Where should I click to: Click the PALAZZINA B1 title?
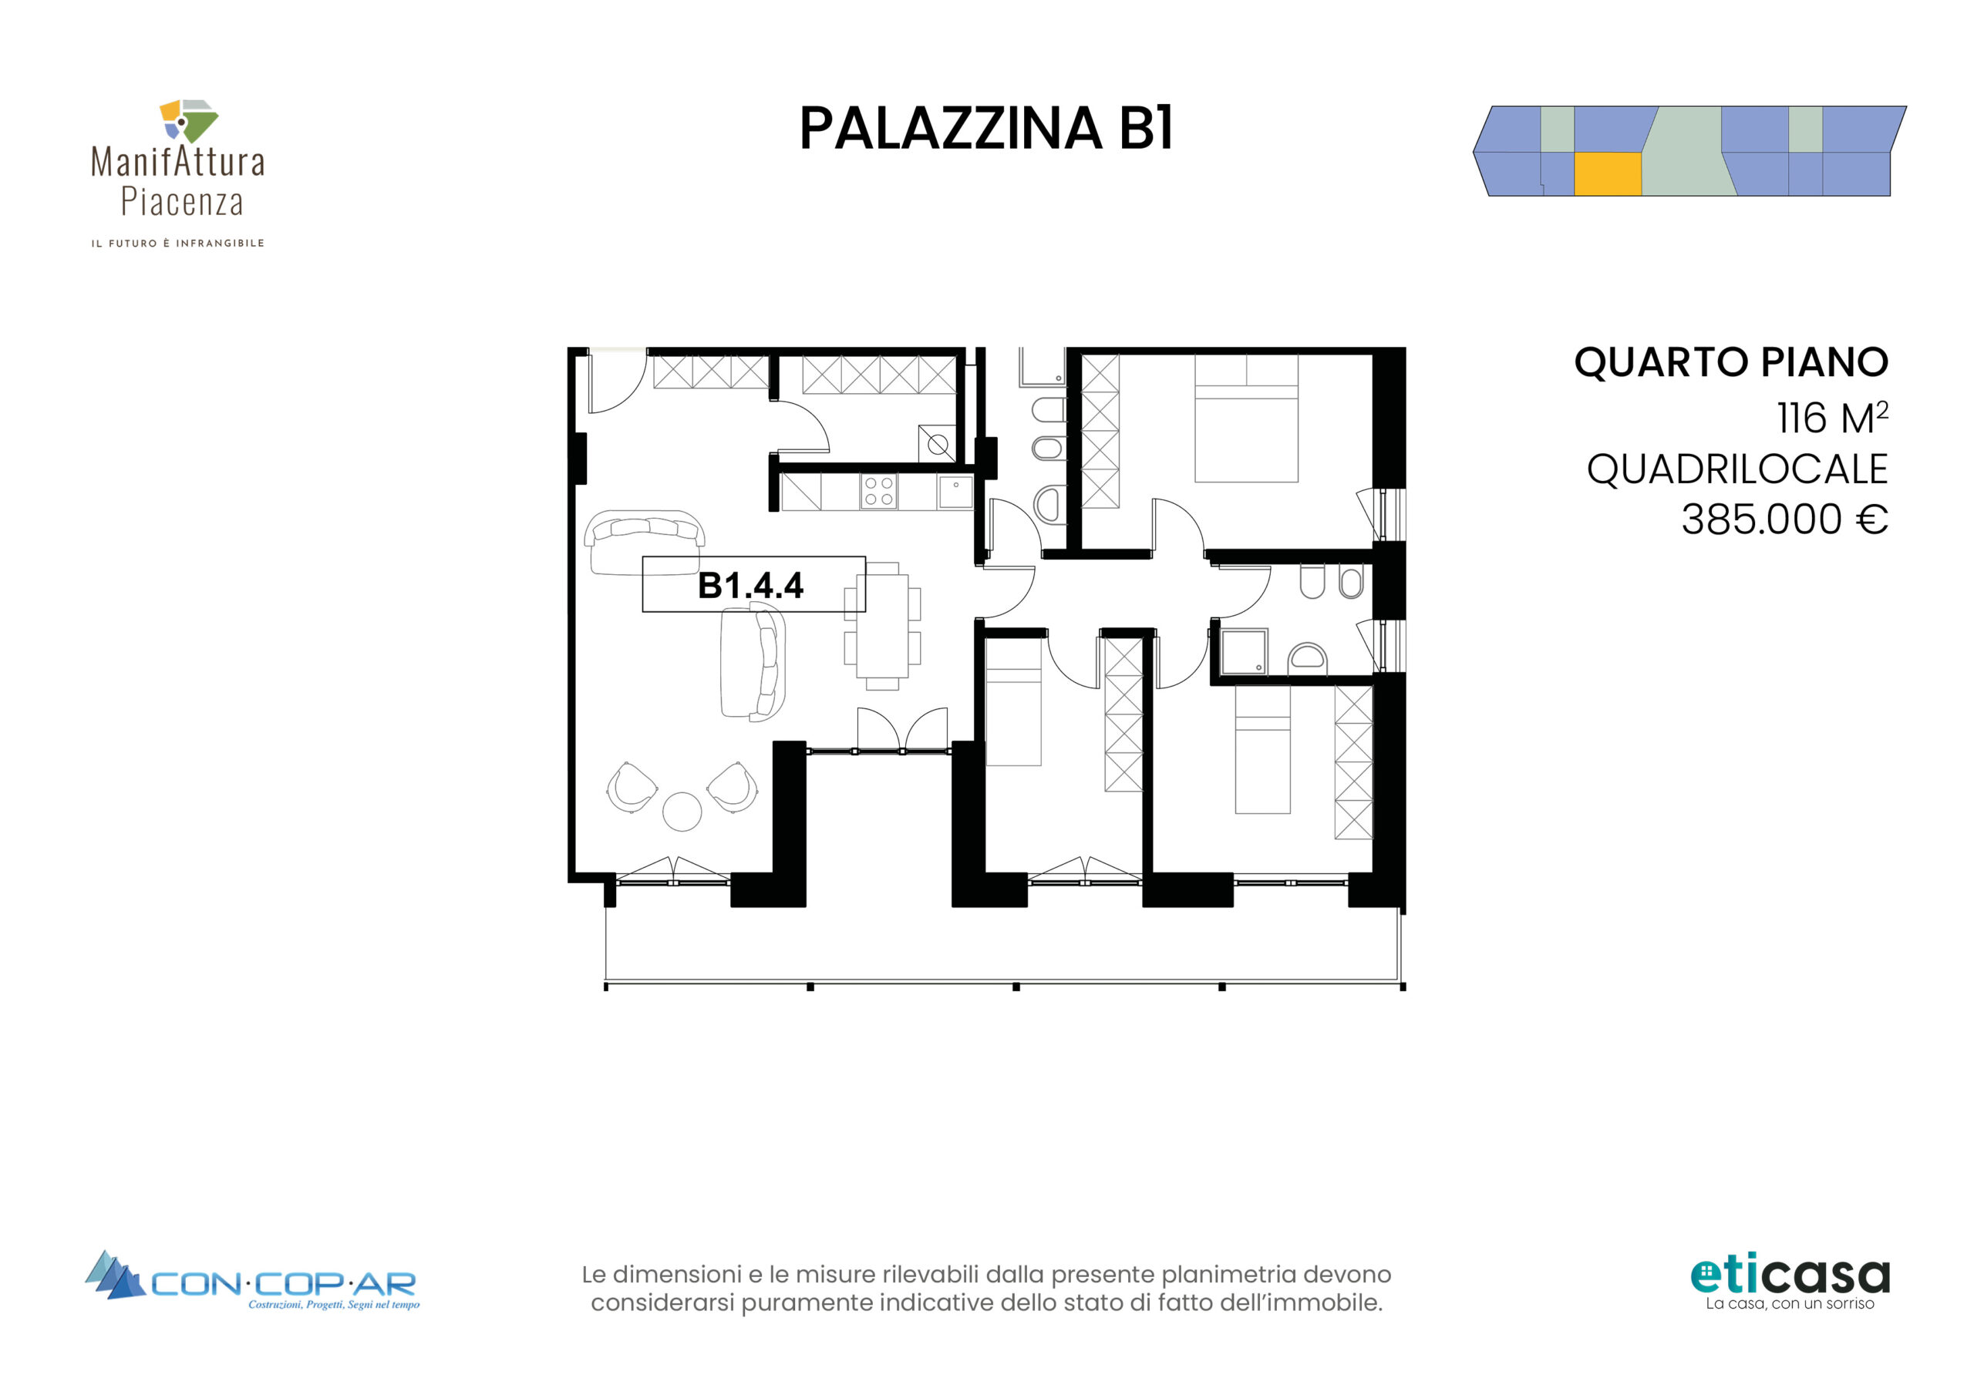pyautogui.click(x=986, y=129)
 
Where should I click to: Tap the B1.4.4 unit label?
pyautogui.click(x=750, y=585)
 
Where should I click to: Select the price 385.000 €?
pyautogui.click(x=1784, y=519)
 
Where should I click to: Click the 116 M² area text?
pyautogui.click(x=1832, y=418)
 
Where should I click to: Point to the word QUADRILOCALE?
pyautogui.click(x=1737, y=469)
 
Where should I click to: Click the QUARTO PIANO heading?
pyautogui.click(x=1730, y=362)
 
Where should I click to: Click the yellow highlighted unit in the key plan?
pyautogui.click(x=1608, y=174)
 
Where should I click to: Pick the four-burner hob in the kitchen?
pyautogui.click(x=879, y=492)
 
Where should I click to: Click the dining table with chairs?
pyautogui.click(x=882, y=627)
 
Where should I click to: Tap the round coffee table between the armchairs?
pyautogui.click(x=682, y=812)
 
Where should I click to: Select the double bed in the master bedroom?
pyautogui.click(x=1246, y=418)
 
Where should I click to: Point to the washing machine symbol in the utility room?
pyautogui.click(x=937, y=445)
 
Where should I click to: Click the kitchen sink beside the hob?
pyautogui.click(x=955, y=492)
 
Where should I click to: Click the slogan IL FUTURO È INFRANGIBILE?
pyautogui.click(x=178, y=244)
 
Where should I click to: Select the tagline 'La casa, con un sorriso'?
pyautogui.click(x=1790, y=1304)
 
